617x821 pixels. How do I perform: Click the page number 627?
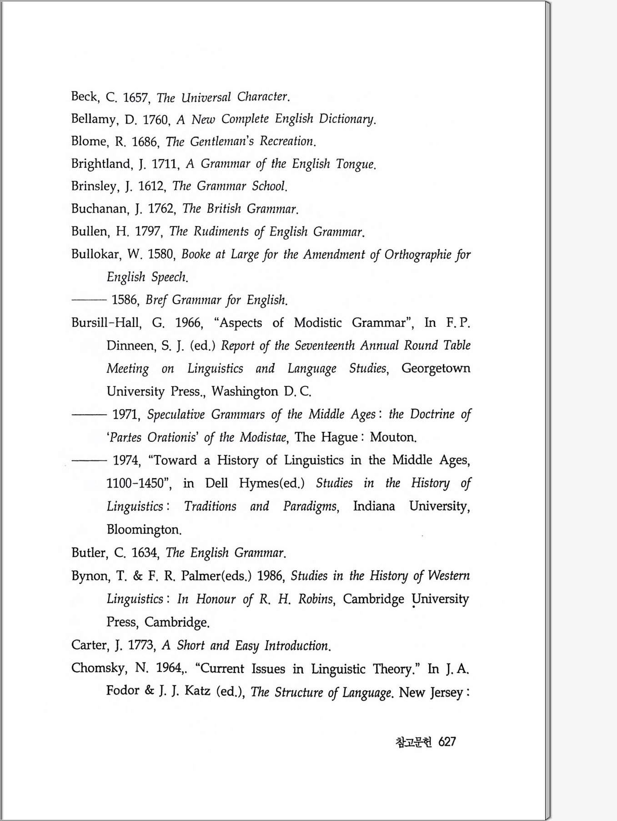[x=447, y=742]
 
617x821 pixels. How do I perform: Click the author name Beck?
[x=85, y=96]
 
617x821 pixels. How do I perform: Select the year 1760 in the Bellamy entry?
[x=156, y=120]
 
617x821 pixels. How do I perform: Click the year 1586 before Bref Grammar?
[x=125, y=300]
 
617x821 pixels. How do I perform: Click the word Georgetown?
[x=436, y=368]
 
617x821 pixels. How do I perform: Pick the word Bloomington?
[x=144, y=529]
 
